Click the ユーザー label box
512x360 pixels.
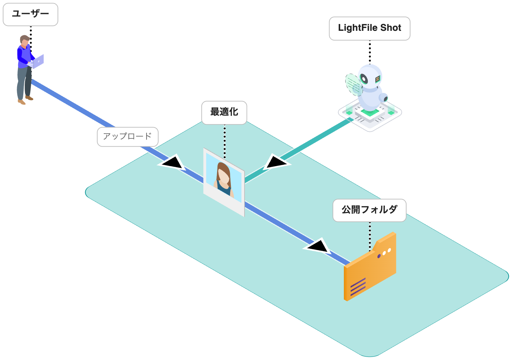[30, 14]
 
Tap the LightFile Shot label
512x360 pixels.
[369, 28]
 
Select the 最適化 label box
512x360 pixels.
[224, 112]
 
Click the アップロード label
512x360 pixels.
[127, 137]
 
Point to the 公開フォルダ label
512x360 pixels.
[369, 210]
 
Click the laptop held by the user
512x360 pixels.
[37, 62]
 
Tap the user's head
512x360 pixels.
[24, 40]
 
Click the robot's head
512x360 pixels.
[370, 77]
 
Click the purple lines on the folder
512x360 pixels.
[358, 287]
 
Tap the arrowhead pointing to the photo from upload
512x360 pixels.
[173, 163]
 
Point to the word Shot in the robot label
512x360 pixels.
[390, 28]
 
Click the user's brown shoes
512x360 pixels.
[25, 100]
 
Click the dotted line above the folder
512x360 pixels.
[370, 236]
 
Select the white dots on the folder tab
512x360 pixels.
[387, 252]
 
